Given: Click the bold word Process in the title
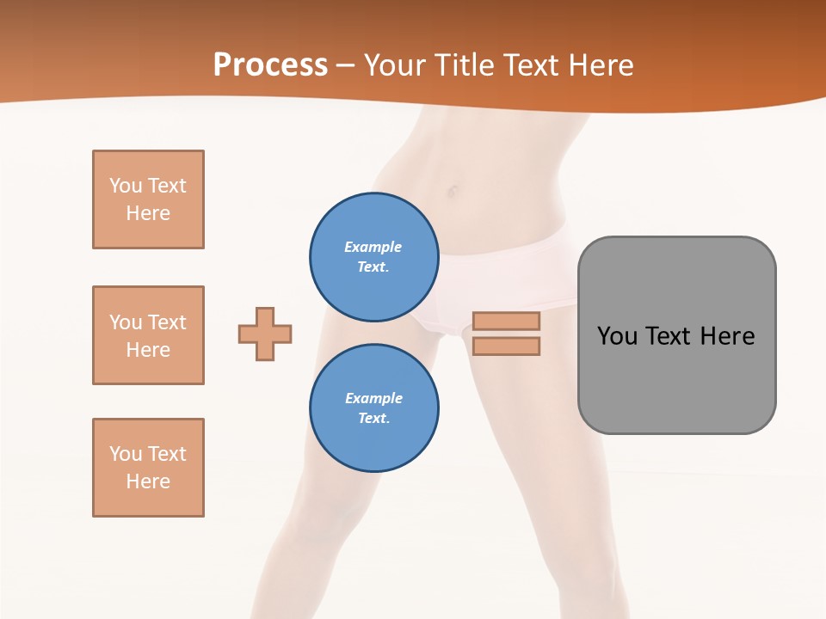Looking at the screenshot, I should tap(270, 65).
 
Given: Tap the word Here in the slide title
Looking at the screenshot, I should tap(599, 65).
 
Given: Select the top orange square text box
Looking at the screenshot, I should tap(148, 199).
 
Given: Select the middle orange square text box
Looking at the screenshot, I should tap(148, 335).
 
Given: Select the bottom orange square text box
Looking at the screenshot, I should tap(148, 468).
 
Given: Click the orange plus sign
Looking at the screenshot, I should tap(265, 334).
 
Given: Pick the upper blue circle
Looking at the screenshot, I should tap(374, 256).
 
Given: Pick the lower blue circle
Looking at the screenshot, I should tap(374, 408).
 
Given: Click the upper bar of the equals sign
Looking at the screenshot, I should tap(506, 321).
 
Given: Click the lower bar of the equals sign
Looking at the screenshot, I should tap(506, 346).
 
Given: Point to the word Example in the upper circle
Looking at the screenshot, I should tap(373, 247).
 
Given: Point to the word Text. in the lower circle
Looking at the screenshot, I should tap(373, 418).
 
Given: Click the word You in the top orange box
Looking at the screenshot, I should tap(126, 186).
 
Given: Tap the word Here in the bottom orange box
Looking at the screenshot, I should tap(148, 481).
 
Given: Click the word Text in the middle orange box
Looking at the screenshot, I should tap(166, 322).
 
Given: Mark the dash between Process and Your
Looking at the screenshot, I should tap(346, 65).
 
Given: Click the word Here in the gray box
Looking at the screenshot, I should tap(727, 335).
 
